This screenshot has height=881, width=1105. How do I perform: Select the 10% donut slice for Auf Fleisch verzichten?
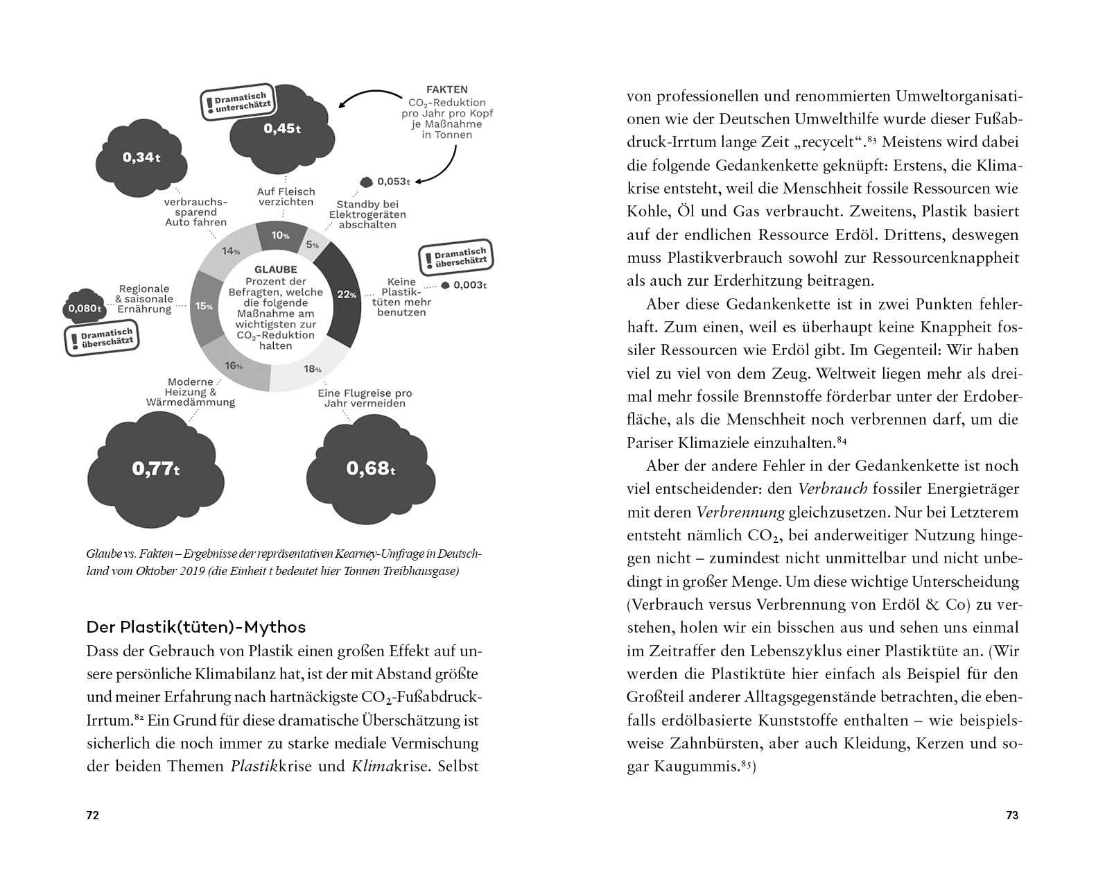(x=281, y=236)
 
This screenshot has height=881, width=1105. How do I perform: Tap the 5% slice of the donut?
(x=313, y=244)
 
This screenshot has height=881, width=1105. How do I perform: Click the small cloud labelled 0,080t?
(x=85, y=307)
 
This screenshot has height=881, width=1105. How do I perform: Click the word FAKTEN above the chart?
(x=446, y=89)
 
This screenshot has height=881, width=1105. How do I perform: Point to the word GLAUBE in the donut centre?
(x=275, y=269)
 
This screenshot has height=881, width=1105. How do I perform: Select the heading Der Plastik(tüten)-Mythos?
(x=196, y=627)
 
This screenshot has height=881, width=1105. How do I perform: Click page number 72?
(x=92, y=815)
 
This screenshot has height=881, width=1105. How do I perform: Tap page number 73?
(x=1011, y=815)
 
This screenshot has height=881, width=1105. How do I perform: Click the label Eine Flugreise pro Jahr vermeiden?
(x=365, y=398)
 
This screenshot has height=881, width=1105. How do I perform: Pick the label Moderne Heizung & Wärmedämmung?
(x=191, y=392)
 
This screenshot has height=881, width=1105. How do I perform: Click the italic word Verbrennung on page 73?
(x=740, y=513)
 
